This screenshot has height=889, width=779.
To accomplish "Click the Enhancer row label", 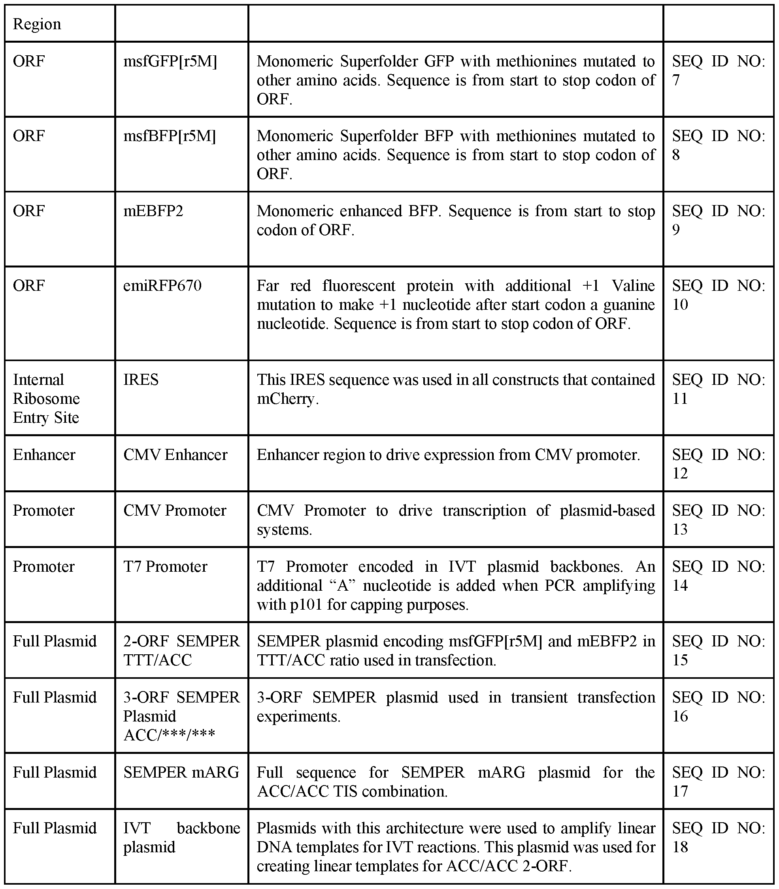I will pos(44,455).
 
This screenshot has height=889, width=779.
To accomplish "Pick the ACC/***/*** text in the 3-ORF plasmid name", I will pos(169,735).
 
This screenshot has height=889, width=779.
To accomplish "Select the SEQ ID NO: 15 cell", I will pos(718,650).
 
